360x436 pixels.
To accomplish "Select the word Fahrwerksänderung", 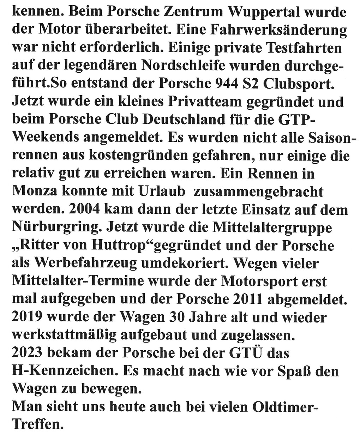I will (x=278, y=30).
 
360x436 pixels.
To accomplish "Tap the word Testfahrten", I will (x=304, y=48).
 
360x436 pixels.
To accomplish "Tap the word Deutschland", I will (x=184, y=119).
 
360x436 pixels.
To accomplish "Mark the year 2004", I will (x=85, y=209).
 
